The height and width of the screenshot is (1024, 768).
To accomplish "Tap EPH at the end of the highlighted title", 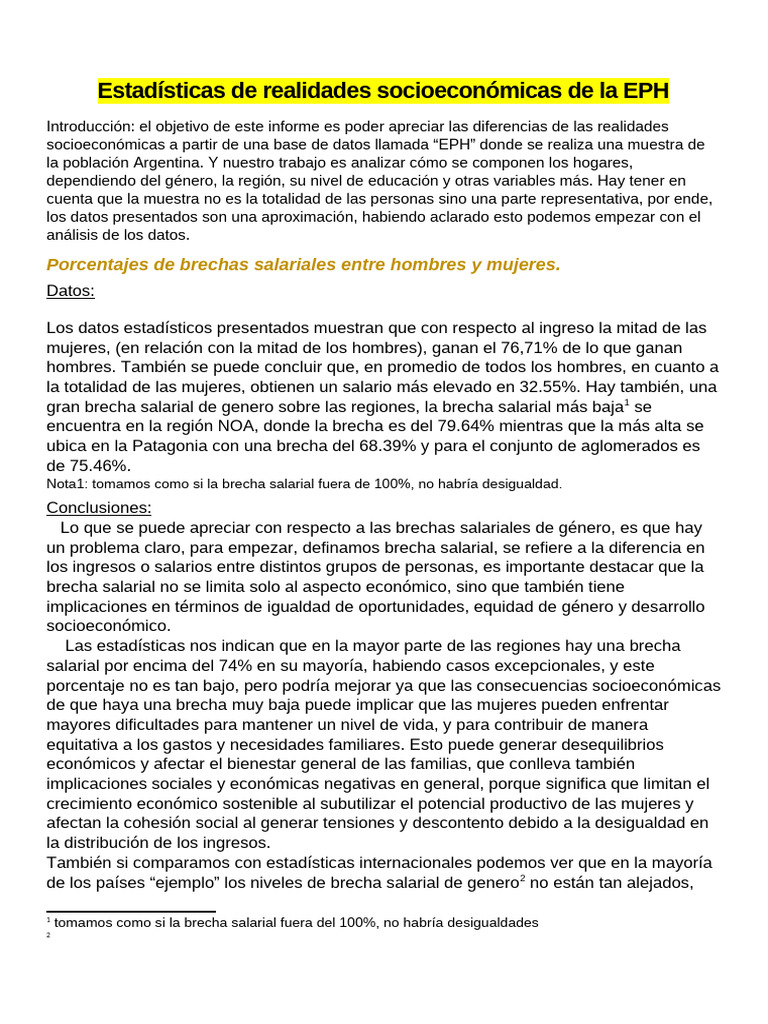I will click(646, 92).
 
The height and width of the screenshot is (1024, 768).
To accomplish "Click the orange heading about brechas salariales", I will click(304, 264).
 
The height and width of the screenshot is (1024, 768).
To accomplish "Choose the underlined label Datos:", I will click(71, 291).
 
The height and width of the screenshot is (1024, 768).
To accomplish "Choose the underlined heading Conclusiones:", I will click(99, 508).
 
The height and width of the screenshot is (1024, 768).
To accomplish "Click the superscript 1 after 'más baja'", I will click(626, 402).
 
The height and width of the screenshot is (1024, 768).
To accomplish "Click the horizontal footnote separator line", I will click(131, 911).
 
